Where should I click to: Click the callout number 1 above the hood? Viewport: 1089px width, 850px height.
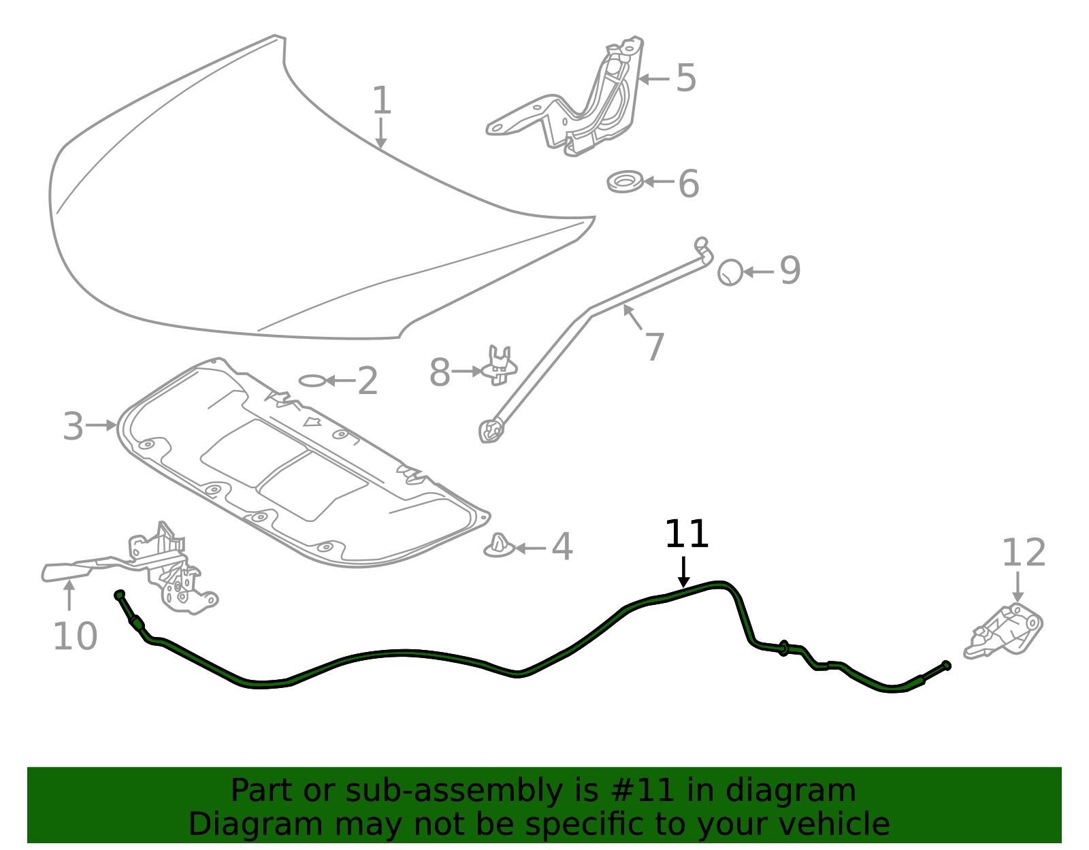381,100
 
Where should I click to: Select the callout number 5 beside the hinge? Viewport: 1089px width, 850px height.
685,78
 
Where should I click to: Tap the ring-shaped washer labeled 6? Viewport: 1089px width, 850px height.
625,182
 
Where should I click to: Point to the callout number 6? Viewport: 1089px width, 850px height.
689,184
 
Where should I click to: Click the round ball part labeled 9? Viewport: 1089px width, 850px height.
730,273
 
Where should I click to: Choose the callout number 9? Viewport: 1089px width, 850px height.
790,270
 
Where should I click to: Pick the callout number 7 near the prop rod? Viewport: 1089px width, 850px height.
655,346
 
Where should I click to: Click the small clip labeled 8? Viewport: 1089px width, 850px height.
499,366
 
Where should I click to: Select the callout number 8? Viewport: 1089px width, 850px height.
440,373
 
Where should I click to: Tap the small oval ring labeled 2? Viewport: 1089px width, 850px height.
312,381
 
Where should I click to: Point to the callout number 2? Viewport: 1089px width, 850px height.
368,380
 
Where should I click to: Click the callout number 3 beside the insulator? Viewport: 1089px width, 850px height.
73,426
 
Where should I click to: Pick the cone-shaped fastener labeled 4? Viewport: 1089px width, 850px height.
499,546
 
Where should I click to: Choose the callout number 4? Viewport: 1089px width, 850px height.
562,546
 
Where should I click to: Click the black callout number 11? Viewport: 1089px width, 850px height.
686,534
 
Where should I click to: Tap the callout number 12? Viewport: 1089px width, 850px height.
1024,553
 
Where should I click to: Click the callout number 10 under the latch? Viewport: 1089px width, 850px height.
75,636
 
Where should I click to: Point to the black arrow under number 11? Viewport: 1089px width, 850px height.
683,572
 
